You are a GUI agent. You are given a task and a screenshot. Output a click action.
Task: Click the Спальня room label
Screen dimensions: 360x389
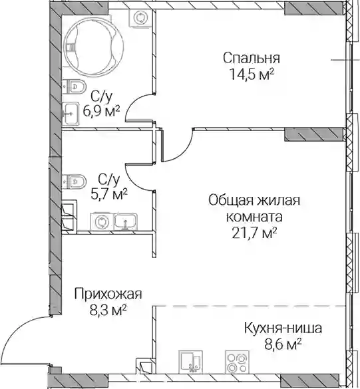coord(252,59)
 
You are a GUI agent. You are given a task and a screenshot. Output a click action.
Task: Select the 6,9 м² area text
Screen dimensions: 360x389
coord(102,112)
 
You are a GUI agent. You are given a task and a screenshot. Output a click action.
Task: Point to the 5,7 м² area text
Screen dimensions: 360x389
coord(109,194)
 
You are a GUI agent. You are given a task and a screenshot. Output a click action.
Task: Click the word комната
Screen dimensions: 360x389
coord(254,217)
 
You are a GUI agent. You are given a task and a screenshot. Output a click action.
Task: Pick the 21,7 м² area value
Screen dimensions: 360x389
coord(254,233)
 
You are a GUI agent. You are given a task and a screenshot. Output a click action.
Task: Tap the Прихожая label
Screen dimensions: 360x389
coord(108,295)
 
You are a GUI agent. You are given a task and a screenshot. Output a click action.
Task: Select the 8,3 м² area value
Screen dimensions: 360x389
coord(108,310)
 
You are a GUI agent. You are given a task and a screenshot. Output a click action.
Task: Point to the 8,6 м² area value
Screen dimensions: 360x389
coord(283,344)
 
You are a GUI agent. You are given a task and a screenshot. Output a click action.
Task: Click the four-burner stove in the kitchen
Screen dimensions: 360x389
coord(237,362)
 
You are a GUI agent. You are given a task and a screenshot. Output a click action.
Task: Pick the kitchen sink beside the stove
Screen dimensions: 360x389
coord(191,362)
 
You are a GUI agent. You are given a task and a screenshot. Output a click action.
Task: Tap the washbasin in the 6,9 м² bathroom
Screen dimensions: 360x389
coord(71,114)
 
